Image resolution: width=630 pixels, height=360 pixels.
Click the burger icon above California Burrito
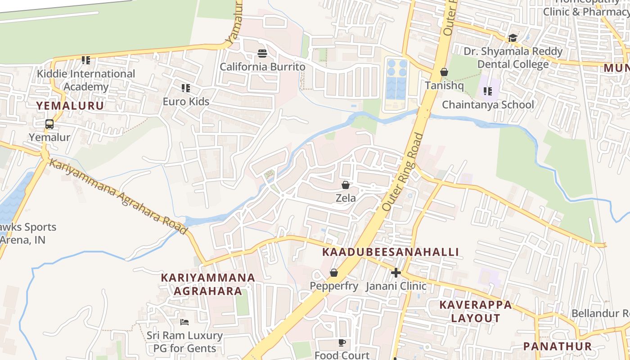262,54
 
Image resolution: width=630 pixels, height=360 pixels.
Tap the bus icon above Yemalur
49,124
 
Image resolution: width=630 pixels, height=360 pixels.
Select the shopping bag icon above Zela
345,185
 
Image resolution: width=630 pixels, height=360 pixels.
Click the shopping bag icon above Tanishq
444,72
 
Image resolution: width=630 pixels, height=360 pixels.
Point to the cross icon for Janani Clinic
396,273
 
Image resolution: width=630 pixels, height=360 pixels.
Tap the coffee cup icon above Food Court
342,343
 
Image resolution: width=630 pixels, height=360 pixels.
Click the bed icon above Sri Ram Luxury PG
184,322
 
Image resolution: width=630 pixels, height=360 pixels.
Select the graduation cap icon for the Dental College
513,38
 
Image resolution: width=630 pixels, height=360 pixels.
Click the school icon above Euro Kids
185,88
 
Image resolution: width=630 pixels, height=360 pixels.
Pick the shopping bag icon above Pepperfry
333,273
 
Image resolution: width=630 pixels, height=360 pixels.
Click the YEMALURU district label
70,106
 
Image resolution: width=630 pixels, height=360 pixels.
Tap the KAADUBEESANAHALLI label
391,252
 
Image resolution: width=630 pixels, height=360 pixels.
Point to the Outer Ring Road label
403,172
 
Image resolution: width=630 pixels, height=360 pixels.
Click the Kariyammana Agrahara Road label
118,196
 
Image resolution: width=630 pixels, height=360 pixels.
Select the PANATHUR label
557,346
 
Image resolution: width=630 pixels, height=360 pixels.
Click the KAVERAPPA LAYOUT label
476,311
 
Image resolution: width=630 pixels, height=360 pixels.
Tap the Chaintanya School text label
488,105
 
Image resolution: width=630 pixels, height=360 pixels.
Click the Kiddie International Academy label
86,80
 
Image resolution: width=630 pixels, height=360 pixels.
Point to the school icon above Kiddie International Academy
85,60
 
